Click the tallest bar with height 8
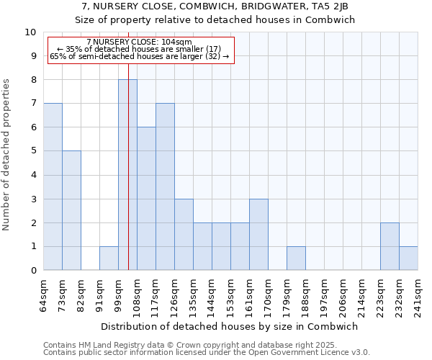click(x=127, y=175)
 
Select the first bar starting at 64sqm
click(x=53, y=186)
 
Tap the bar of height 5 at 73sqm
click(x=71, y=210)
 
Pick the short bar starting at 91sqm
click(x=109, y=258)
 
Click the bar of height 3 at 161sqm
click(x=258, y=234)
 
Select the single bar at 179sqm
click(x=296, y=258)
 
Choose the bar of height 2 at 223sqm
click(x=390, y=246)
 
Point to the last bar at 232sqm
click(x=408, y=258)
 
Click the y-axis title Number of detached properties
click(x=7, y=155)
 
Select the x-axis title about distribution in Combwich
click(x=230, y=326)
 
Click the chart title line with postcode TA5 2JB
click(x=216, y=6)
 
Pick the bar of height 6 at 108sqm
click(x=146, y=199)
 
